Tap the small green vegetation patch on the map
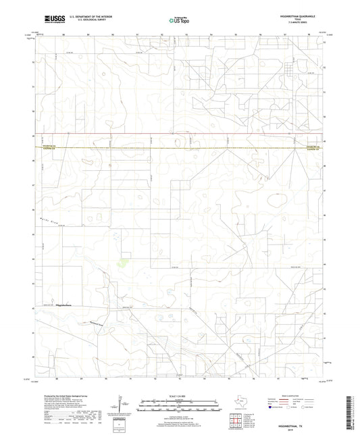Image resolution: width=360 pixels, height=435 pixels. click(x=124, y=263)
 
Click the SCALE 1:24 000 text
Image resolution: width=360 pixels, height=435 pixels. click(x=179, y=396)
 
